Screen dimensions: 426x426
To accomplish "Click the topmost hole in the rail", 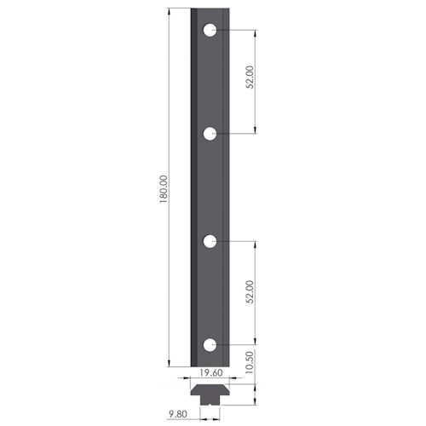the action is [210, 30].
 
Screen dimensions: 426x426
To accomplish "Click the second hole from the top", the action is [210, 134].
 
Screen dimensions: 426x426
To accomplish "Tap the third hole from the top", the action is [210, 241].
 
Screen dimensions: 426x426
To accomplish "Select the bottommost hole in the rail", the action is [210, 345].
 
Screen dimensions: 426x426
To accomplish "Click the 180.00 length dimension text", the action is [164, 189].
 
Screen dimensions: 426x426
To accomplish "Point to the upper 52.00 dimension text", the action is [250, 78].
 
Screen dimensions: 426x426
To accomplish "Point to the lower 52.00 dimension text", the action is [250, 292].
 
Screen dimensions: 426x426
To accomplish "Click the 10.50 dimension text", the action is [249, 362].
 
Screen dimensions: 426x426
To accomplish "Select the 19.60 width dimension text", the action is [211, 372].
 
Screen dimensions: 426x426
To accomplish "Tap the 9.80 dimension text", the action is [178, 414].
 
